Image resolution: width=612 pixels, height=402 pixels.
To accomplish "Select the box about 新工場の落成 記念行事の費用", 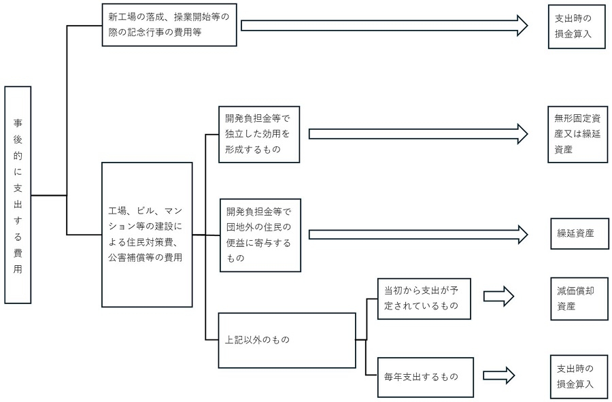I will (169, 25).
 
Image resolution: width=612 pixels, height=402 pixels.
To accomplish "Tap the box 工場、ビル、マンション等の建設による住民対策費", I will (146, 233).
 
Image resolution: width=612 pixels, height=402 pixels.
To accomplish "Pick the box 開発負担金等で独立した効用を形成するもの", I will (258, 134).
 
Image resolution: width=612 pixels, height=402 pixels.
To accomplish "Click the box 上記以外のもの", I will (286, 339).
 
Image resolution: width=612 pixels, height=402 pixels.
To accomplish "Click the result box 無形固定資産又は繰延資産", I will (577, 133).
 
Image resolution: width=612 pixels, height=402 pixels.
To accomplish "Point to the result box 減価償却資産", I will (577, 298).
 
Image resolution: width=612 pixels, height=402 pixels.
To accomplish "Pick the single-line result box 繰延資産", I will (577, 233).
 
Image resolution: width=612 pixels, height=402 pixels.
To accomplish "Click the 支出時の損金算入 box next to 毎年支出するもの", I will (577, 375).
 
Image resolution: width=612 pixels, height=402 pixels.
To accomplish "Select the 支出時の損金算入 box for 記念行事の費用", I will (577, 26).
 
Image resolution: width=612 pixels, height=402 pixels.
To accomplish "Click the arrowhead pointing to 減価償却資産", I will (505, 297).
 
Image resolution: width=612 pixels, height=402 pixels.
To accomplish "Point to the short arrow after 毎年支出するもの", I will (498, 375).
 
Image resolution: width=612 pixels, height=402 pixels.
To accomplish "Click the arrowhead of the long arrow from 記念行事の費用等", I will (521, 25).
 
